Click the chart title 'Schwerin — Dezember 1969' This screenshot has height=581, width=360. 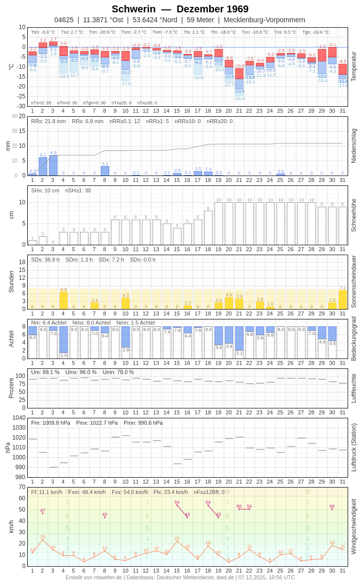tap(180, 9)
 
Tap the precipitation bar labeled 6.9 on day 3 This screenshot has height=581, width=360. tap(53, 166)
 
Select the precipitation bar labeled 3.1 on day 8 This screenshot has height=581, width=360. tap(105, 171)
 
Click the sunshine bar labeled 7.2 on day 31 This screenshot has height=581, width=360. tap(343, 300)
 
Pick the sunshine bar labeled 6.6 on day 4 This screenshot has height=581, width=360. tap(63, 301)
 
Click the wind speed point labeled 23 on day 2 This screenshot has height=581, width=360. tap(43, 540)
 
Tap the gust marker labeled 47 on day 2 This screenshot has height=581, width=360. tap(43, 513)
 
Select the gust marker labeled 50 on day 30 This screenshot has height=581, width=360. tap(332, 509)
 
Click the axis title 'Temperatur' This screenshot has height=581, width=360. tap(354, 67)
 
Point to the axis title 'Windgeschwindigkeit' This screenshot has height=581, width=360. tap(354, 526)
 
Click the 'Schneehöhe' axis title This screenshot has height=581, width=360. tap(354, 215)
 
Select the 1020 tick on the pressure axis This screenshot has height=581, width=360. tap(19, 438)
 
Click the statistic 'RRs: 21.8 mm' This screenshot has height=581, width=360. tap(48, 121)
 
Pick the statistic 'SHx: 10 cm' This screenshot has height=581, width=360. tap(45, 190)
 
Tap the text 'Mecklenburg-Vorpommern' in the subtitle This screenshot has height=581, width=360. tap(264, 20)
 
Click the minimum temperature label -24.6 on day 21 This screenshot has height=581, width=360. tap(239, 98)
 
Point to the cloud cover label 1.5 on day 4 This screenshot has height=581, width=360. tap(63, 355)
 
